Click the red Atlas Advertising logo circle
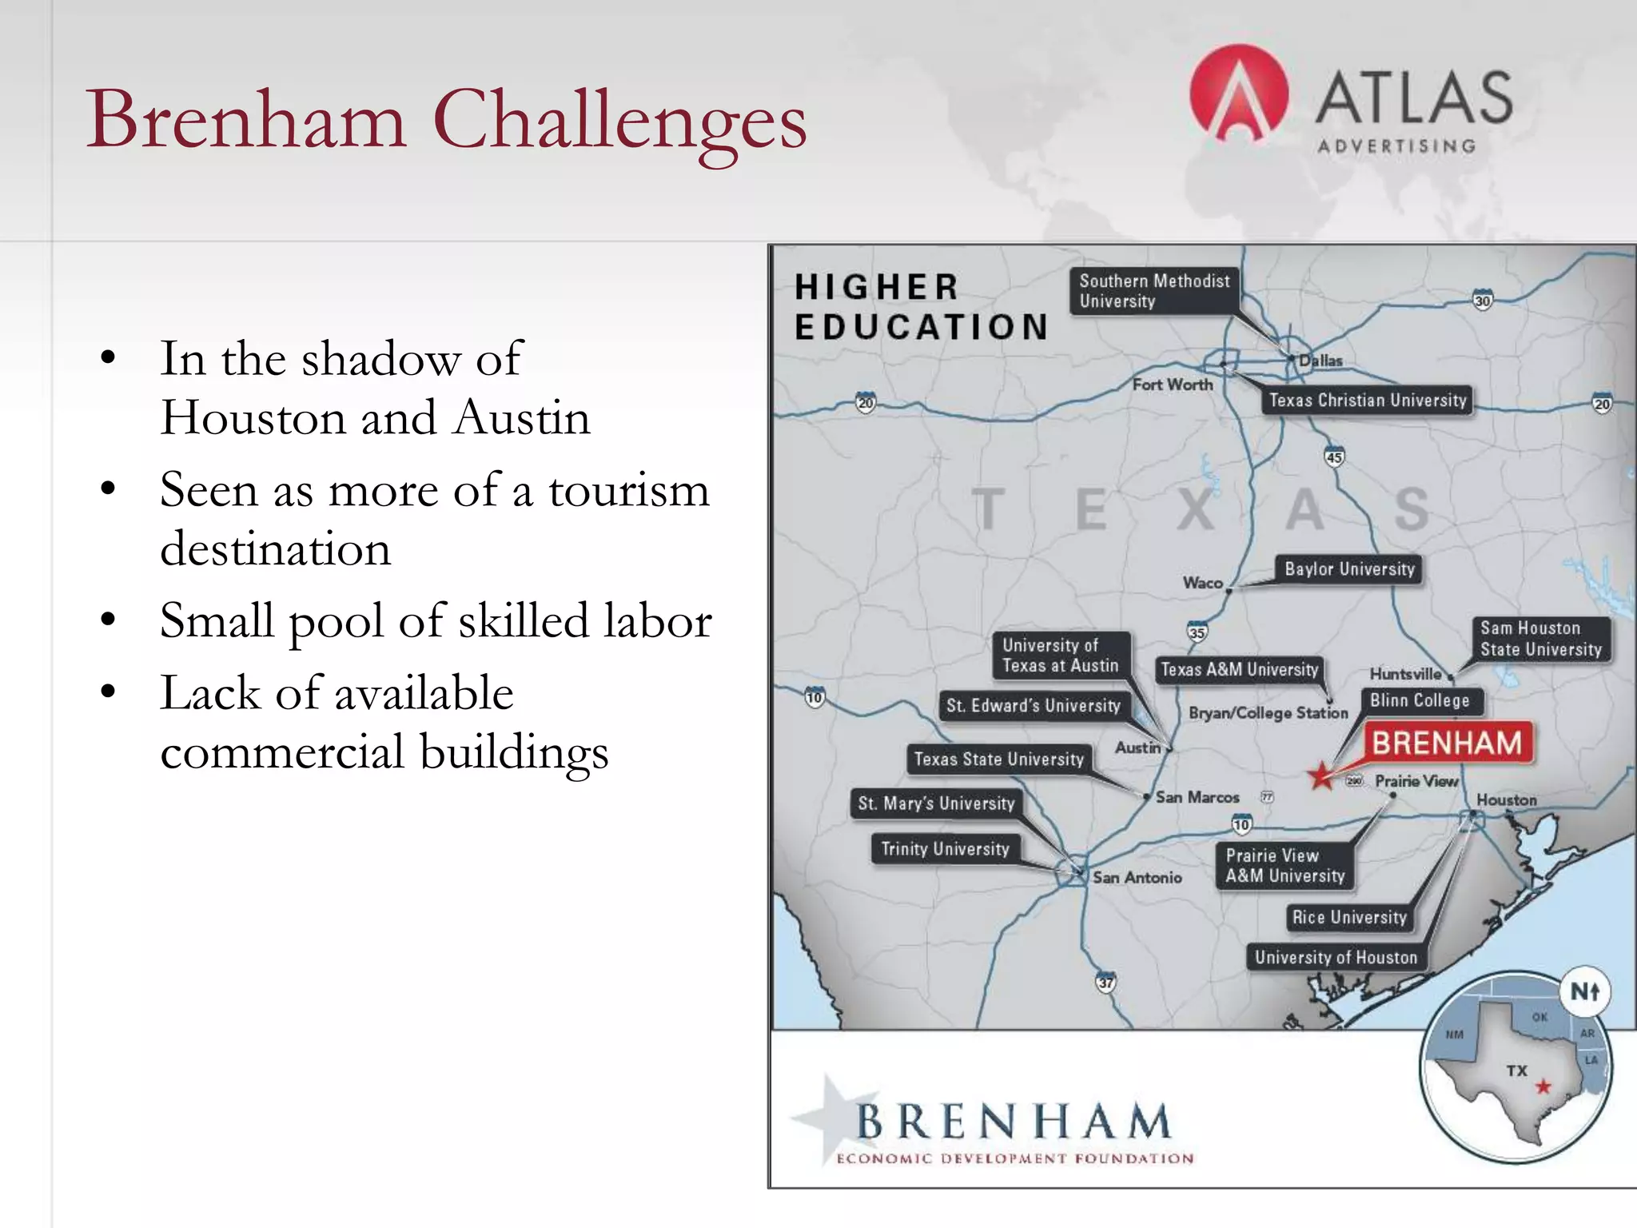tap(1238, 94)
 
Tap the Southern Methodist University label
tap(1154, 291)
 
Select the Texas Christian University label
tap(1368, 400)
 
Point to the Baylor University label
tap(1349, 569)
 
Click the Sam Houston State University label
tap(1540, 639)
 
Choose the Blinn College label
tap(1420, 701)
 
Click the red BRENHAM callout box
tap(1447, 744)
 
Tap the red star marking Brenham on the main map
tap(1320, 775)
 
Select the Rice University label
tap(1349, 917)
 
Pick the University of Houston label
tap(1336, 957)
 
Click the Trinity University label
tap(945, 849)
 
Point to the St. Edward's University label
tap(1033, 705)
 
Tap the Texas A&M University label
tap(1239, 669)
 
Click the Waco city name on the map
tap(1203, 583)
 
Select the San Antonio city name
tap(1137, 877)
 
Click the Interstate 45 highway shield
tap(1334, 457)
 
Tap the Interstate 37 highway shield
tap(1105, 983)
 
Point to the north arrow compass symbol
tap(1585, 992)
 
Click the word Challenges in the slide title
tap(619, 121)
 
